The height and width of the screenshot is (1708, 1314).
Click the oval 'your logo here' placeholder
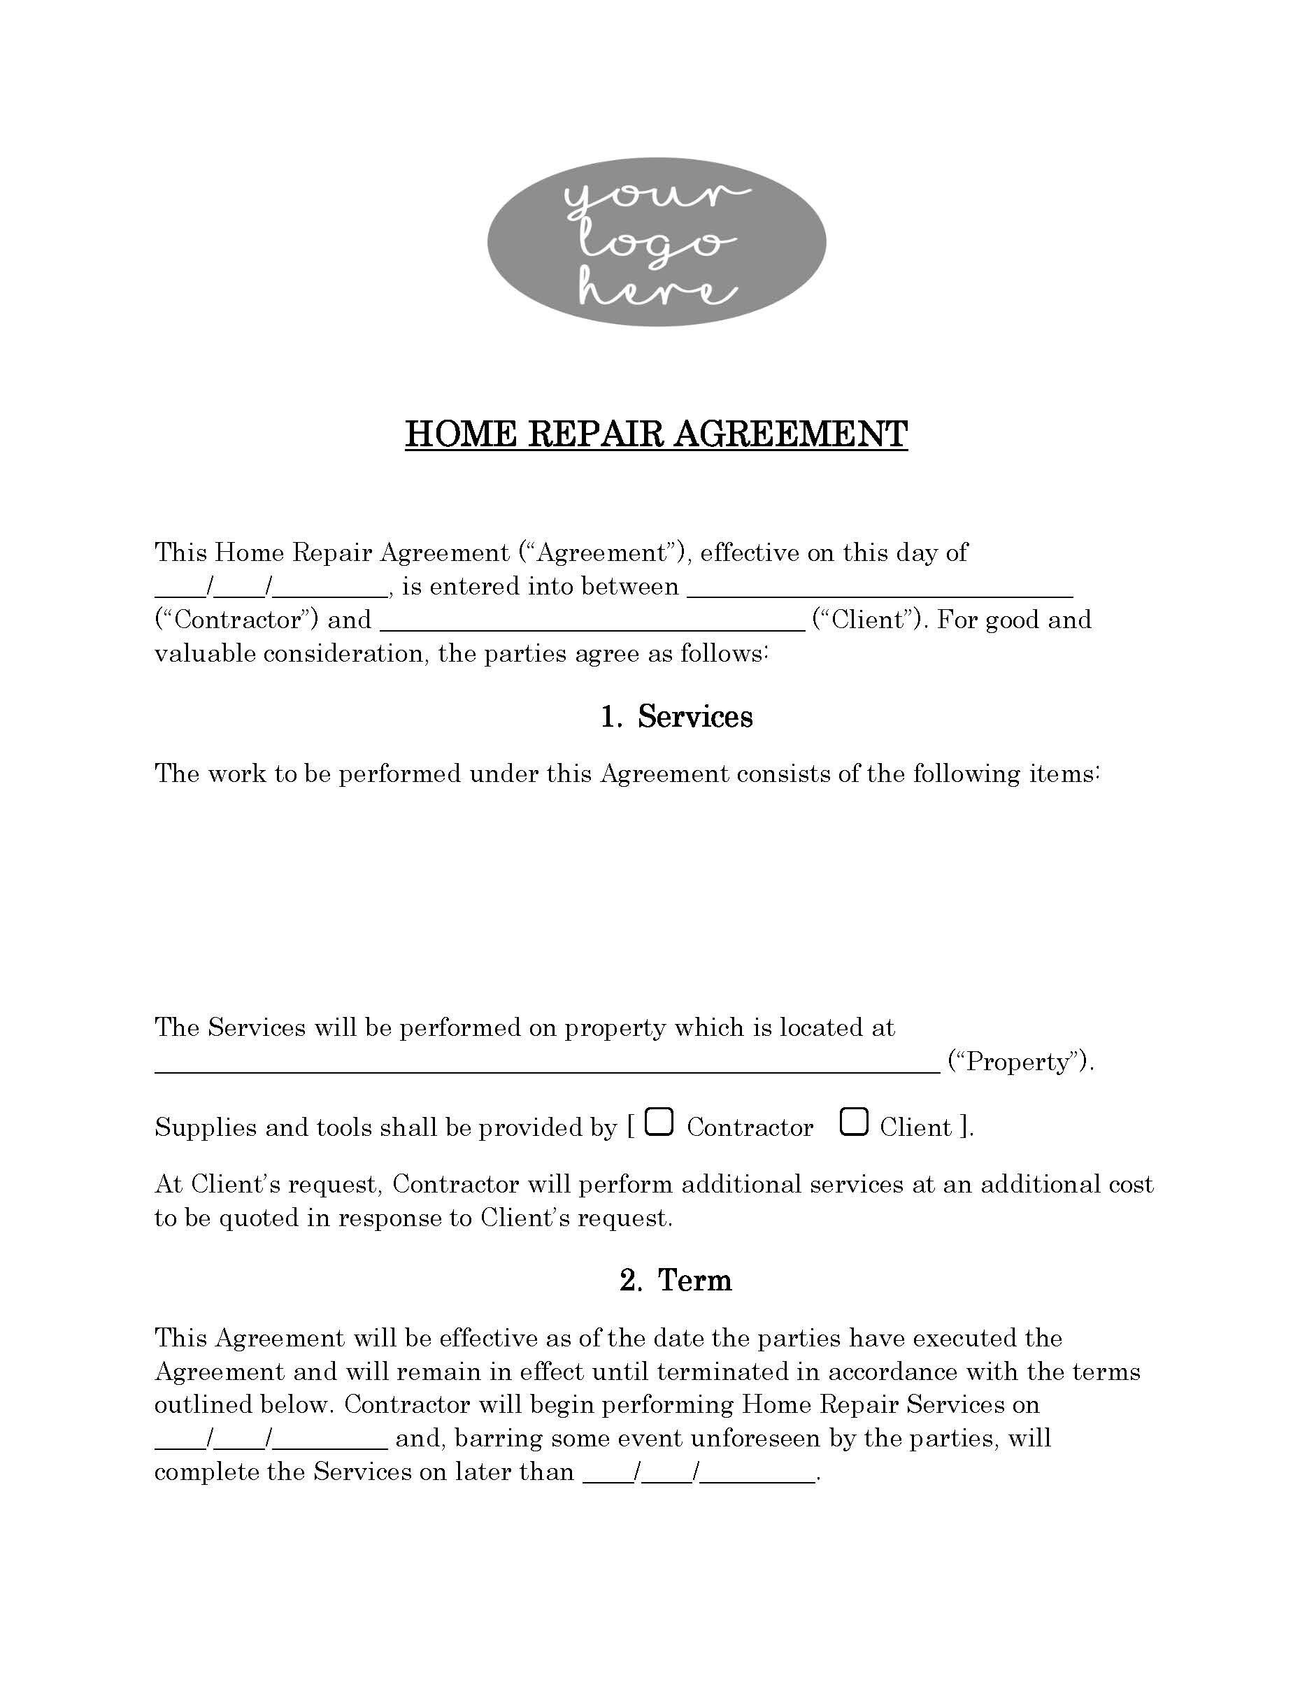[656, 243]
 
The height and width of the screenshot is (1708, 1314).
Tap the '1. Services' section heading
[676, 716]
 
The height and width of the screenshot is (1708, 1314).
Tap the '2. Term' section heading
[676, 1280]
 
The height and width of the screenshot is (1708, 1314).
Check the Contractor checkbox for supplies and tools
[661, 1123]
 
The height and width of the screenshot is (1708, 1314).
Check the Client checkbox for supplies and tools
[854, 1123]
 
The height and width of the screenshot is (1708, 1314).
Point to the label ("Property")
[1020, 1062]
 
